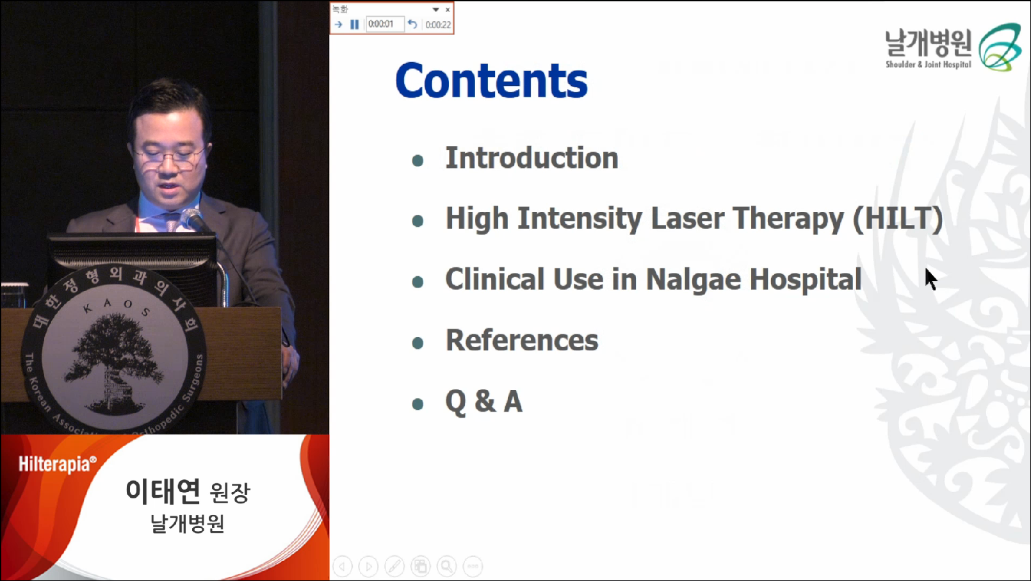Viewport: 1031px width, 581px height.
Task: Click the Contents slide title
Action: pyautogui.click(x=491, y=80)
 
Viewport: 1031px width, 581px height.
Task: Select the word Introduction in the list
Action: pyautogui.click(x=532, y=158)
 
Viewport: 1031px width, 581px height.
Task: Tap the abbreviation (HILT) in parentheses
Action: pyautogui.click(x=898, y=218)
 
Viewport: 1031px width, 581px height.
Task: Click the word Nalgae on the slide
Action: pyautogui.click(x=693, y=280)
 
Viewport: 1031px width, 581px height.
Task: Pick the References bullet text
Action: pyautogui.click(x=522, y=340)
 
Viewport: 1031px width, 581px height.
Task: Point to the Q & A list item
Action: pyautogui.click(x=483, y=402)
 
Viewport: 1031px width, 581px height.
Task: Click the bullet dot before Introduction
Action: pyautogui.click(x=418, y=161)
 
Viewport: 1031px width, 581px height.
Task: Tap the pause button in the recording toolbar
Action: pyautogui.click(x=354, y=24)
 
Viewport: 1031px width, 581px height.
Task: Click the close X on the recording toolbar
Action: pyautogui.click(x=448, y=10)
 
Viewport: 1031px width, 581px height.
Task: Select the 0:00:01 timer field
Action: pyautogui.click(x=385, y=24)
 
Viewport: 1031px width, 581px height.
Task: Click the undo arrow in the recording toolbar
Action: pyautogui.click(x=412, y=24)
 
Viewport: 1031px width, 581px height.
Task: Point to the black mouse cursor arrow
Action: pyautogui.click(x=931, y=279)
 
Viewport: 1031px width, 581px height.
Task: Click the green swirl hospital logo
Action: pyautogui.click(x=1000, y=47)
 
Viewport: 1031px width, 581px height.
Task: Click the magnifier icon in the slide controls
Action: pyautogui.click(x=446, y=566)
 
